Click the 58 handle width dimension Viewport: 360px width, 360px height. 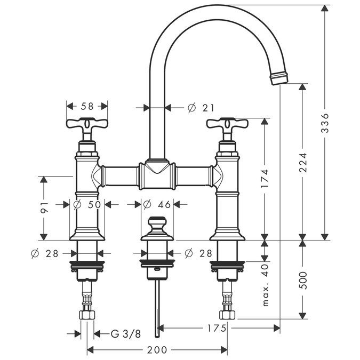[x=87, y=107]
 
